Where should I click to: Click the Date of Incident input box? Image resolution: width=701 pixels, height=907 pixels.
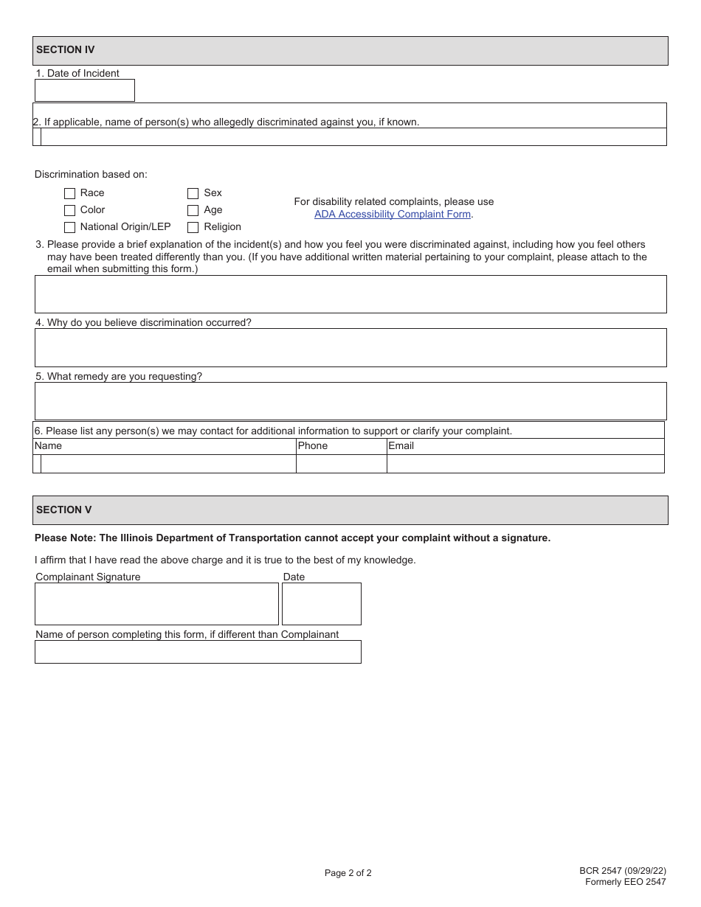85,91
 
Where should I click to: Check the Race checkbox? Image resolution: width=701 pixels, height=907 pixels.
70,193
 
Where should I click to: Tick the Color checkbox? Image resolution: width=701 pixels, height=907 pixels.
70,210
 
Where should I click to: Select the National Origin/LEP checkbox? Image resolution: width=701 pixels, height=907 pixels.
70,227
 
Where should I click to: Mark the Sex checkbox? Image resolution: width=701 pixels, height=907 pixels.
193,193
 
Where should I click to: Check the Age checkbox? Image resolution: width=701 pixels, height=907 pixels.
193,210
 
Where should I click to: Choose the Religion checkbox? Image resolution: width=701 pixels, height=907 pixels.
193,227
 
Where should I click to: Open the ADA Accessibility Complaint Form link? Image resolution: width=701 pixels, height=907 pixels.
393,215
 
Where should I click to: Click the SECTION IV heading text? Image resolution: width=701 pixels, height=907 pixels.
66,50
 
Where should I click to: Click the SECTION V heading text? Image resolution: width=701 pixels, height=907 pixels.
64,510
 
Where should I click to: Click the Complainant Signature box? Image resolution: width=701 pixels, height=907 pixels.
156,604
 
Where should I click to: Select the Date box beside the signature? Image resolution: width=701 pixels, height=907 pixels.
322,604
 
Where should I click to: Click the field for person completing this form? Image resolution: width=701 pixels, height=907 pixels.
198,652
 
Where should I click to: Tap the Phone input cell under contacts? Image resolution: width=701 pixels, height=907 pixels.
342,464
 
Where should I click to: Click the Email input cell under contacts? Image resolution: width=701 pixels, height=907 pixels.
525,464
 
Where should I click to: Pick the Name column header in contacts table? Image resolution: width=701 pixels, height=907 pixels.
49,446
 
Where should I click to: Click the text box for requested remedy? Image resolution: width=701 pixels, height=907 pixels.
350,401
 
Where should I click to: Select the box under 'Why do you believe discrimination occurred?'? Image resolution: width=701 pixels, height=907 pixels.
350,348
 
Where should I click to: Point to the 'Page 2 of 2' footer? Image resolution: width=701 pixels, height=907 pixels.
348,873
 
